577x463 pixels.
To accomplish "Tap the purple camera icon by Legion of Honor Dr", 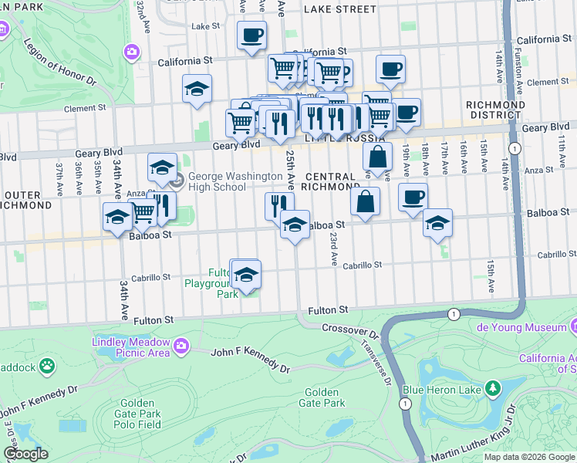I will coord(132,51).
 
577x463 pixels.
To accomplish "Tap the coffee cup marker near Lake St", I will coord(251,35).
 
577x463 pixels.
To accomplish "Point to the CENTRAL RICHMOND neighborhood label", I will coord(331,181).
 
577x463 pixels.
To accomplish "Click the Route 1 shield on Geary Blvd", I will coord(513,147).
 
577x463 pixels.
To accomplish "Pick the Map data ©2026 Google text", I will coord(528,457).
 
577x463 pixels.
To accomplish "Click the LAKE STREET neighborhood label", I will coord(340,9).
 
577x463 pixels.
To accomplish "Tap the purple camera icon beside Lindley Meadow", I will coord(181,345).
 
